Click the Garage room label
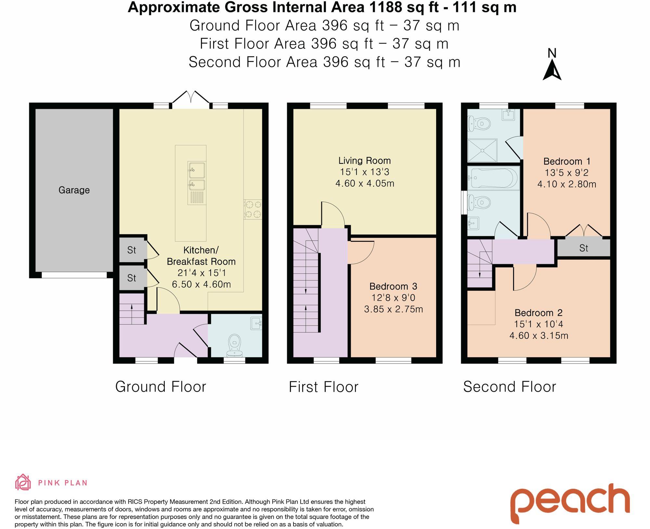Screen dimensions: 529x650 pyautogui.click(x=74, y=190)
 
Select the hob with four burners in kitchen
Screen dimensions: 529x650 pyautogui.click(x=253, y=209)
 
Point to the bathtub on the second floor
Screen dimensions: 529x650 pyautogui.click(x=493, y=178)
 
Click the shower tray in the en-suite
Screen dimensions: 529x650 pyautogui.click(x=482, y=150)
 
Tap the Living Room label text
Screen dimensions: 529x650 pyautogui.click(x=364, y=161)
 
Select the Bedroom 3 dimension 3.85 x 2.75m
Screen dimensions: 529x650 pyautogui.click(x=393, y=309)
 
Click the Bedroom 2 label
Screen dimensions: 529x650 pyautogui.click(x=539, y=313)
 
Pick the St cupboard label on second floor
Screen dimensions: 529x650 pyautogui.click(x=583, y=248)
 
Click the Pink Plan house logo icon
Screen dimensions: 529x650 pyautogui.click(x=23, y=482)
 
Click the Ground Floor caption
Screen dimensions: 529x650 pyautogui.click(x=161, y=387)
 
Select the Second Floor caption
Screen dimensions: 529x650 pyautogui.click(x=509, y=387)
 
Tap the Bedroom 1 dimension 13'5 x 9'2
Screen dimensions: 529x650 pyautogui.click(x=566, y=173)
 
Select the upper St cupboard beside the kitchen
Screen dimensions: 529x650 pyautogui.click(x=132, y=250)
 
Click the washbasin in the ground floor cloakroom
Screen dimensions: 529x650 pyautogui.click(x=256, y=324)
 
